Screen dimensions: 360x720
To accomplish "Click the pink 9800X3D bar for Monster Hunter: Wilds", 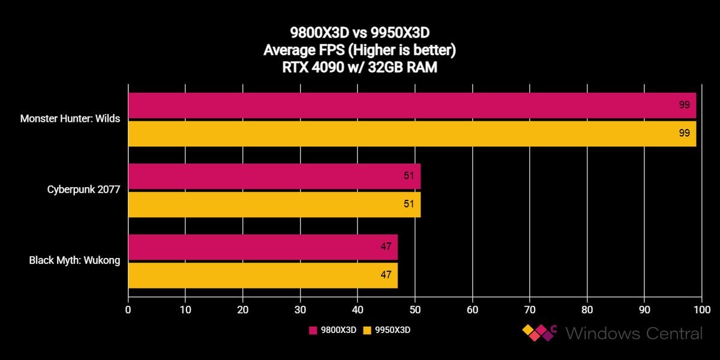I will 412,105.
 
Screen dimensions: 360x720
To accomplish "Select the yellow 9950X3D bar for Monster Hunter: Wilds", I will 412,133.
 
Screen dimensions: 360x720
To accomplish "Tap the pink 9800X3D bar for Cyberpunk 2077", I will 274,176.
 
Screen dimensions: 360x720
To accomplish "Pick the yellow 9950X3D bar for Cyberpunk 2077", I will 274,204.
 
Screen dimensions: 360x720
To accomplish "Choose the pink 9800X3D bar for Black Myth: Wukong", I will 263,247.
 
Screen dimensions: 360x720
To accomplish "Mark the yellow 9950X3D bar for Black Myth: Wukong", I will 263,275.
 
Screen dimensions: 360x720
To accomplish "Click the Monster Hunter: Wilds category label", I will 70,119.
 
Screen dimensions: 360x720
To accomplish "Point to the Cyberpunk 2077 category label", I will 84,190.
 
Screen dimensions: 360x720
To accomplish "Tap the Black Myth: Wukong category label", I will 75,260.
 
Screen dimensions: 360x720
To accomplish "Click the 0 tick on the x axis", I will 128,310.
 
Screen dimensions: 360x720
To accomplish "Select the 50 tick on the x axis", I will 415,310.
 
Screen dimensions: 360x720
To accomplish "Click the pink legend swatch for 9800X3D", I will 313,330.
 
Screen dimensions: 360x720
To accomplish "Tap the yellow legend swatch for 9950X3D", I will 368,330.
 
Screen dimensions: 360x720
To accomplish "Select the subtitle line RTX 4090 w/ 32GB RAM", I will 359,68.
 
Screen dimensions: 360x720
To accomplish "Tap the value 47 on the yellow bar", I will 386,275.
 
